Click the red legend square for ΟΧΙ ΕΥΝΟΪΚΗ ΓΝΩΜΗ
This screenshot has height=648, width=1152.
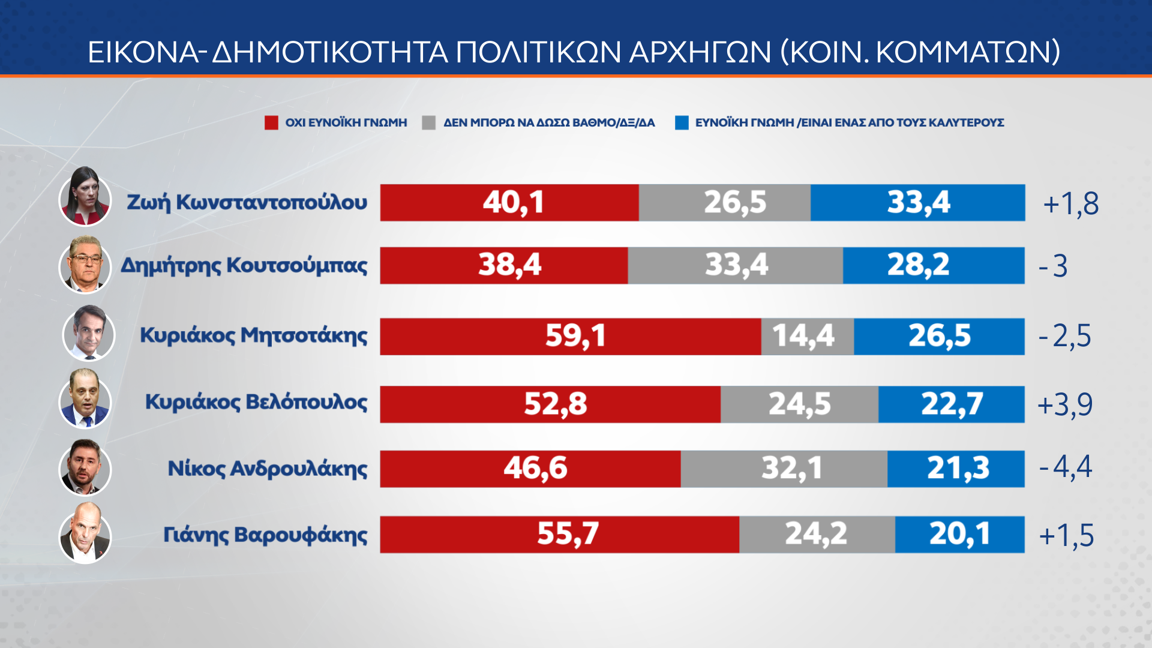click(271, 123)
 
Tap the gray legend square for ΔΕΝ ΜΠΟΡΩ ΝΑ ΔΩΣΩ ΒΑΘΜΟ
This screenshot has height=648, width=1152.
click(428, 123)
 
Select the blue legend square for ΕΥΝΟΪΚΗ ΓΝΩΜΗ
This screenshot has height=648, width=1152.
click(682, 123)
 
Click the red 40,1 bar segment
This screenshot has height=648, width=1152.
click(509, 203)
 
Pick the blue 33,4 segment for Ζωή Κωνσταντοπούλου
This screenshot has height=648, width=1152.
click(917, 203)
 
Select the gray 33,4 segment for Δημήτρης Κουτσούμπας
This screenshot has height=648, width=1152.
click(735, 265)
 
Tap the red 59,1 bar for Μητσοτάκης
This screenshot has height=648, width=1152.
click(570, 337)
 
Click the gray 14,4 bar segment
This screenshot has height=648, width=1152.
click(807, 337)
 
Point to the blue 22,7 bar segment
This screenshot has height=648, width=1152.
click(951, 404)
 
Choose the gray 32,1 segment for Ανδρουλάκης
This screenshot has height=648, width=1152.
click(784, 469)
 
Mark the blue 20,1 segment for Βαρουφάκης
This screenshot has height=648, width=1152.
click(959, 534)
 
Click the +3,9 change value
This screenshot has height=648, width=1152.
click(1065, 405)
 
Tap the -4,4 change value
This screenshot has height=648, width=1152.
click(1066, 467)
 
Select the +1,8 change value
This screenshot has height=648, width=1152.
click(1071, 204)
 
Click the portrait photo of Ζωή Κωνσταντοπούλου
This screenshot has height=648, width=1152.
click(85, 198)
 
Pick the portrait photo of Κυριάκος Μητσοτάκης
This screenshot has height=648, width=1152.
click(89, 334)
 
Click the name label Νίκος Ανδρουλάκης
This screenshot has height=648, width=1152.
click(268, 469)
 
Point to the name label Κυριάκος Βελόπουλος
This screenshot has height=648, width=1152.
click(256, 402)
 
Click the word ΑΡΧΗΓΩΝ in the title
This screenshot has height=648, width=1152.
click(700, 52)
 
